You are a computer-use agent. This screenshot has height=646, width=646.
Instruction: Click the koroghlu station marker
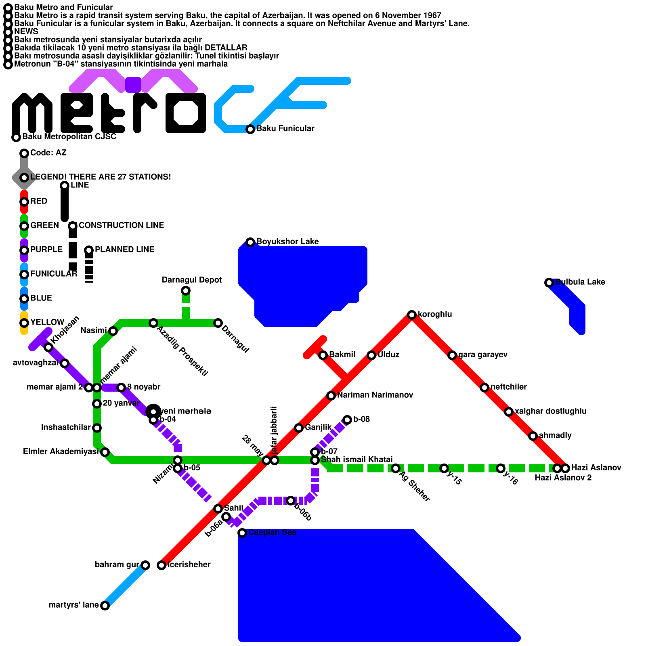(411, 315)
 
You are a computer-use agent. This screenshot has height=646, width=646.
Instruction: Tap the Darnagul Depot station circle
(185, 291)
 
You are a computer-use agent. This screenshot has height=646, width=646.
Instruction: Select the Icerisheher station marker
(161, 565)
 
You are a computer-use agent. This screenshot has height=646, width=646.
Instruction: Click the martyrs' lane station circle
(105, 606)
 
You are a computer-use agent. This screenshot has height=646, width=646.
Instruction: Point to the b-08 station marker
(347, 420)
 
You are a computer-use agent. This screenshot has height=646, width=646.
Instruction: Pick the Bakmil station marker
(323, 355)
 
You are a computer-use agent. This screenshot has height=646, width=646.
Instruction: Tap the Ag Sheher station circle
(396, 468)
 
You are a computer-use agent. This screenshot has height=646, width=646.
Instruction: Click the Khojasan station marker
(48, 347)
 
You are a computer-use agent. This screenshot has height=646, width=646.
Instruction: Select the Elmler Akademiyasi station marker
(105, 452)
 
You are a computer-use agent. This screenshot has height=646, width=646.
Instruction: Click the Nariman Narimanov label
(375, 395)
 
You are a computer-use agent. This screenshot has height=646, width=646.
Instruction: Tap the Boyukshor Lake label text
(287, 242)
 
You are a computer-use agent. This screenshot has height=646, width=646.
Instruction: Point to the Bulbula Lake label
(580, 282)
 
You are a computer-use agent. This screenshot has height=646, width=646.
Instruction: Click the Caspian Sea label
(272, 533)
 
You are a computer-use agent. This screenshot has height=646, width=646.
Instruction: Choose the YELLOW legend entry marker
(24, 323)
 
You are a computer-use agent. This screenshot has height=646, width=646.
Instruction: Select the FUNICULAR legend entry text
(54, 274)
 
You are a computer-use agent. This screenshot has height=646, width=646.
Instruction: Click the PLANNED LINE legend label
(124, 250)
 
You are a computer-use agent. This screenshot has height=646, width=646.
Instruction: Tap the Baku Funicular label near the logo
(285, 129)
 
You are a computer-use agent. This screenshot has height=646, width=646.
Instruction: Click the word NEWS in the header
(26, 31)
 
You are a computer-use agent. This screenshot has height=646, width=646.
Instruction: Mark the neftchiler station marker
(484, 388)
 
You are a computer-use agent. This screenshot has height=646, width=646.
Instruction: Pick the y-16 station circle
(501, 468)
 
